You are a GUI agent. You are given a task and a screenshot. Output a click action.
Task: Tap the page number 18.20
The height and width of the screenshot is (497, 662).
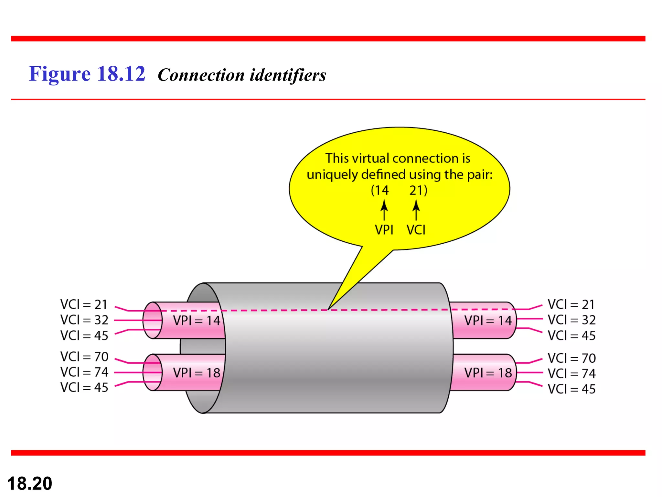29,483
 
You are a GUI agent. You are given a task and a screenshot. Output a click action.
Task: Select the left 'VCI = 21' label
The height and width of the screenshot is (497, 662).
84,304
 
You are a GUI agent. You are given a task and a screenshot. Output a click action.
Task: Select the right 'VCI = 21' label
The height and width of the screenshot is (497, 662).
571,304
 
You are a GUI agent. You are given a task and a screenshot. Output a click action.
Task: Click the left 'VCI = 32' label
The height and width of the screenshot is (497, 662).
84,320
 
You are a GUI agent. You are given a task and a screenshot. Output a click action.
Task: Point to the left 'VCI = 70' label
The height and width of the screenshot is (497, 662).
84,357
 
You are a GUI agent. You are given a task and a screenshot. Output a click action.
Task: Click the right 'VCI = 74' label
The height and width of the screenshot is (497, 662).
571,374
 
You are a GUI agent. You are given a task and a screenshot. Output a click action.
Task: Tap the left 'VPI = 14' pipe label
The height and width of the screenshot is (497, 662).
197,321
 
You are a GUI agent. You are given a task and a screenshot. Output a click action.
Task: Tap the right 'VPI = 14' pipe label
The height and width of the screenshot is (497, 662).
488,321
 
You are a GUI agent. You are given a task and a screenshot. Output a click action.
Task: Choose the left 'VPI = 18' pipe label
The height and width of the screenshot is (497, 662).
197,373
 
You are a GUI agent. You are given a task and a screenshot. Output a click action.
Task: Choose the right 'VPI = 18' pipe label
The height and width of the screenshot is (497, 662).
488,373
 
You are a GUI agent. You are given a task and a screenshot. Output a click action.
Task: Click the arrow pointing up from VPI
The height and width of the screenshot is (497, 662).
384,210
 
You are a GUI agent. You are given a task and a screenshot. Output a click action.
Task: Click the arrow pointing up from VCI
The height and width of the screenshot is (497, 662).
416,210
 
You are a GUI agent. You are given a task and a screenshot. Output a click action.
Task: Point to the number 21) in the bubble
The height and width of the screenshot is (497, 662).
418,190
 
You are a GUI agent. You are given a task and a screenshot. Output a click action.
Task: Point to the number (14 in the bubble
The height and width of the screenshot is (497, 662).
380,190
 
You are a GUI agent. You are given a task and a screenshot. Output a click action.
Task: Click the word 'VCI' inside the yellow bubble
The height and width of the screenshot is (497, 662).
416,230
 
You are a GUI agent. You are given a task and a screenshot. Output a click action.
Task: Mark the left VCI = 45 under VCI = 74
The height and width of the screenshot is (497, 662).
84,387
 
